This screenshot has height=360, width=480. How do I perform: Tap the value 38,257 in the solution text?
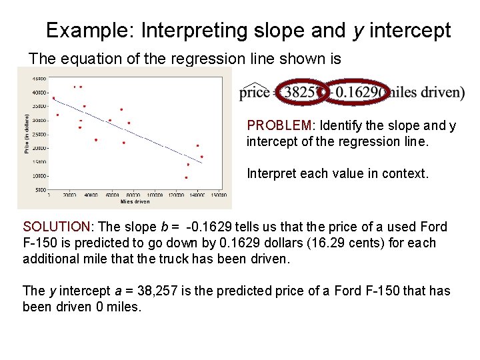[159, 291]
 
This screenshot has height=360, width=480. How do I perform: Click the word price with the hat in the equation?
[253, 92]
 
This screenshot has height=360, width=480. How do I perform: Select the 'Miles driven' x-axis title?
[135, 201]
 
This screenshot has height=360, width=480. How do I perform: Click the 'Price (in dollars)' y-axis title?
[27, 133]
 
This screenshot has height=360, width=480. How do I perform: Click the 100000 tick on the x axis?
[156, 195]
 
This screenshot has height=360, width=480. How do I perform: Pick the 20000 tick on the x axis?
[70, 195]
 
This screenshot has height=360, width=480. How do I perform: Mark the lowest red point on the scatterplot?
[186, 178]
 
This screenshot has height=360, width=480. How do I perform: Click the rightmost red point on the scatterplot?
[202, 157]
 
